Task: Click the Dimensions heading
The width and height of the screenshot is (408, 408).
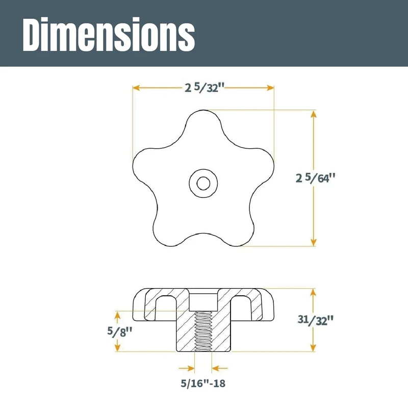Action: (x=109, y=35)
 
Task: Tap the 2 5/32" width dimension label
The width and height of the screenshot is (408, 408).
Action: (x=205, y=88)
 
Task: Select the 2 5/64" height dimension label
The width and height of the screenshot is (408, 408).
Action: (x=315, y=178)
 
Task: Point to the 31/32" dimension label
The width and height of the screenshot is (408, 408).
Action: (x=315, y=320)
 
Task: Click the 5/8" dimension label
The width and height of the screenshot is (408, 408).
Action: (x=120, y=331)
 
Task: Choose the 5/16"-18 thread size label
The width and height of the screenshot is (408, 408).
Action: (x=203, y=384)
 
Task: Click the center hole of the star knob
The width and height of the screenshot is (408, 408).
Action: (x=203, y=183)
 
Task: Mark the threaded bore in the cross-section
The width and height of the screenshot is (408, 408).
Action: (x=203, y=331)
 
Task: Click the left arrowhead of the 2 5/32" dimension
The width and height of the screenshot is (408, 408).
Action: (x=137, y=88)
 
